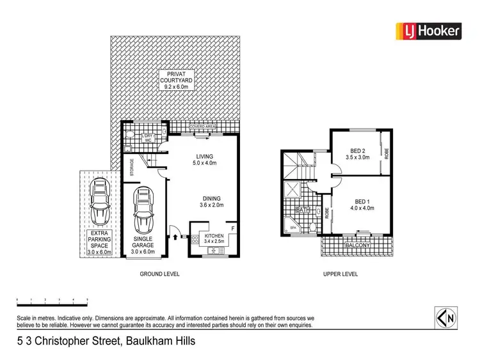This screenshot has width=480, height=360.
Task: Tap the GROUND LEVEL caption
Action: point(159,274)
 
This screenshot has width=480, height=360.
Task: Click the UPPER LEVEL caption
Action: point(339,274)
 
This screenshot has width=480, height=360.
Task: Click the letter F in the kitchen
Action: point(232,227)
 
